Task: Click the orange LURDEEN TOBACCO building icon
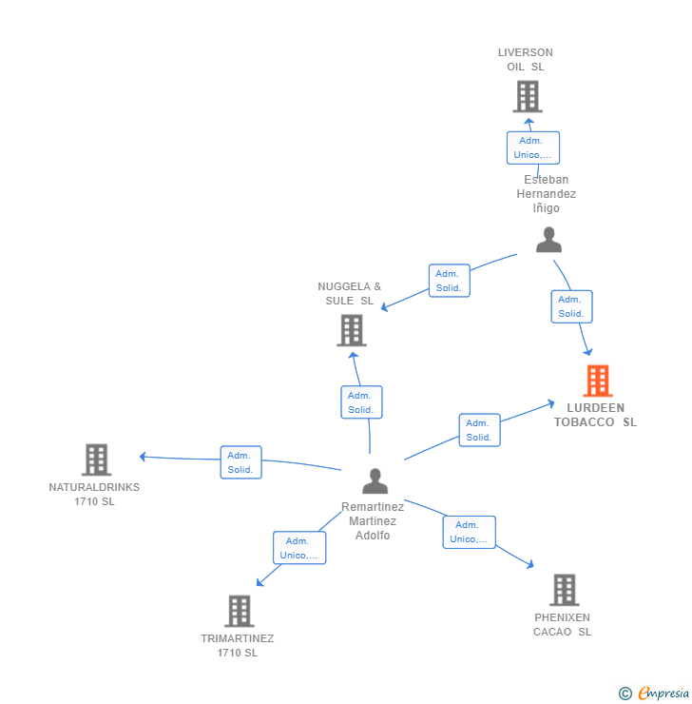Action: (x=598, y=381)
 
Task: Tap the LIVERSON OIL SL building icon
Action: (x=528, y=96)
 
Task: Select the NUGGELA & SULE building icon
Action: (x=352, y=330)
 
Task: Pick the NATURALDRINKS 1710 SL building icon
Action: (x=96, y=460)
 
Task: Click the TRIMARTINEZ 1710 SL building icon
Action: (x=240, y=611)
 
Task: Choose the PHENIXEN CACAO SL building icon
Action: (x=565, y=590)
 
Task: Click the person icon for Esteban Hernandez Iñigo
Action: (x=548, y=240)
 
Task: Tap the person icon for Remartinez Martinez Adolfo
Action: (x=375, y=480)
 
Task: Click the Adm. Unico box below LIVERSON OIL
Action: (x=533, y=147)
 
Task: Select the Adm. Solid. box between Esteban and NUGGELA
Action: (x=449, y=281)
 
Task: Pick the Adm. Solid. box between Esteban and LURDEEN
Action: (x=571, y=306)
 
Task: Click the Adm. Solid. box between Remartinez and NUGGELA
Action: (x=361, y=402)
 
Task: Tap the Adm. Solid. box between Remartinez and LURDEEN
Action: (x=479, y=430)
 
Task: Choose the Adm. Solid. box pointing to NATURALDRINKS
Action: (x=240, y=462)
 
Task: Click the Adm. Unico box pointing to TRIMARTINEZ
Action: (x=299, y=548)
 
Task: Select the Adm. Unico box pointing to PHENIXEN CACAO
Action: (x=470, y=532)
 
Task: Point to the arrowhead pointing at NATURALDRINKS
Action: (x=143, y=457)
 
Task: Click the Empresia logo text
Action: (x=663, y=693)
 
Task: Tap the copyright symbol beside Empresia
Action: (x=625, y=694)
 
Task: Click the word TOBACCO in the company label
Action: (x=584, y=422)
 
